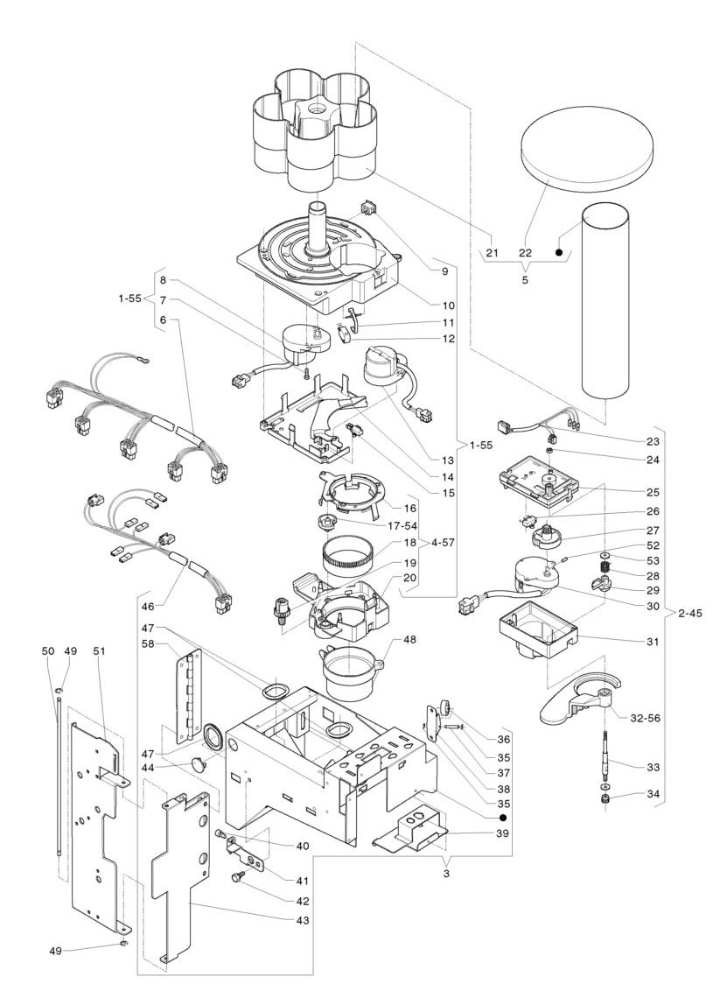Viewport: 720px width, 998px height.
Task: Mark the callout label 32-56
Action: (x=646, y=717)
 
